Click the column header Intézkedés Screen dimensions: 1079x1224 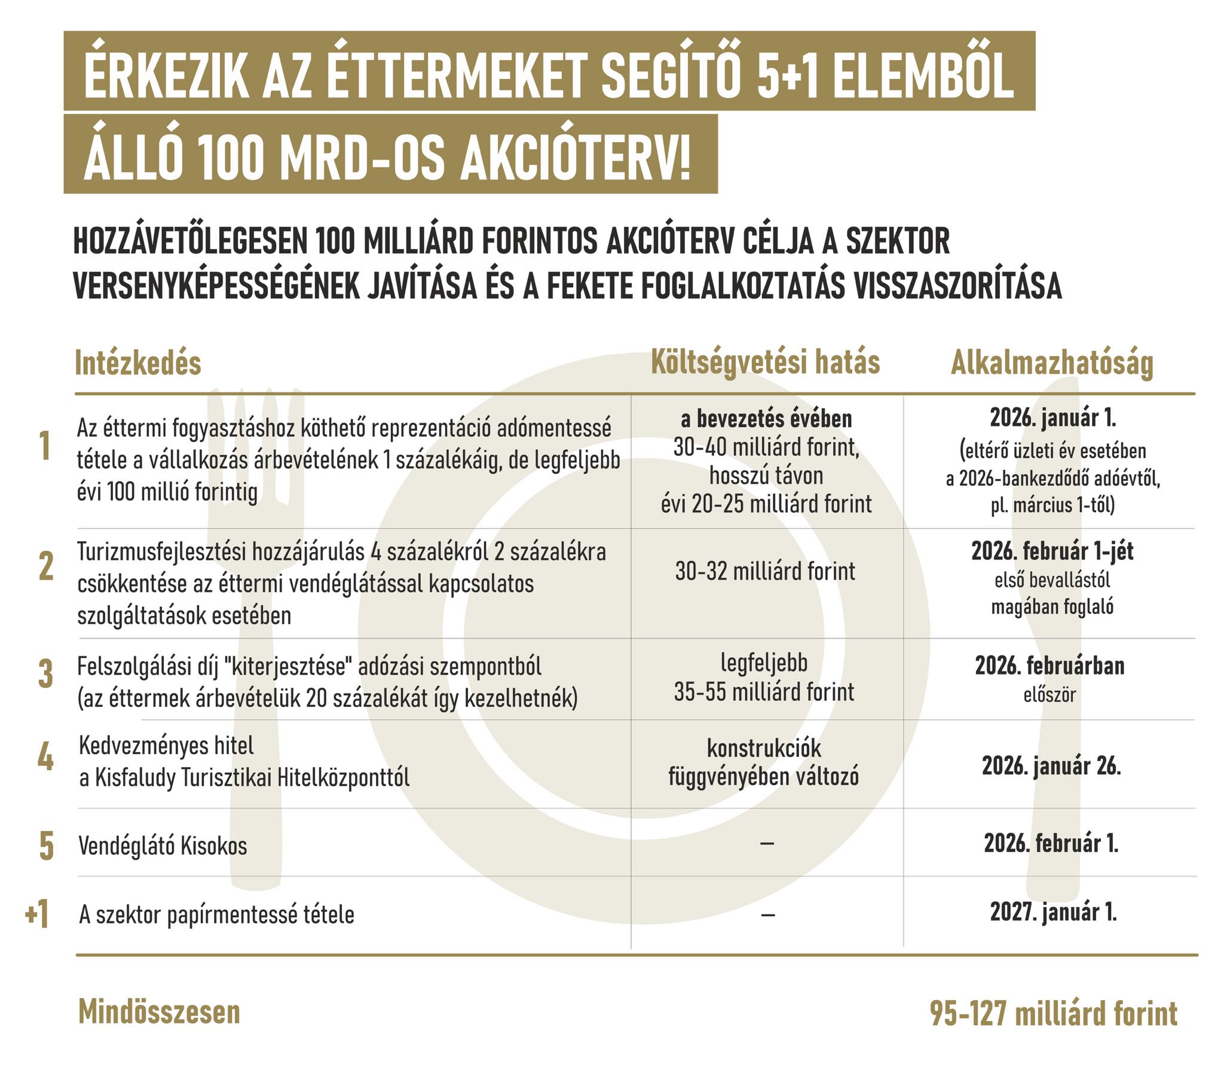click(137, 363)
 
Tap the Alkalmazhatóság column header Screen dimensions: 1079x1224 click(1051, 363)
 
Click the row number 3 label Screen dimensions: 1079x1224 click(45, 675)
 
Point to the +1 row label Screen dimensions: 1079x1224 click(37, 915)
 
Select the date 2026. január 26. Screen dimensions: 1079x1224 click(1051, 766)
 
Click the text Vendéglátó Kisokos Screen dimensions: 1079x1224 click(163, 846)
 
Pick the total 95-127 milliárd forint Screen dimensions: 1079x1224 click(1053, 1014)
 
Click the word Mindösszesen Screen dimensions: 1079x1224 click(159, 1013)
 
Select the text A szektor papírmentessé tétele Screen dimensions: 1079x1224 click(217, 915)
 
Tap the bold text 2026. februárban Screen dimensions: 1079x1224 click(1049, 666)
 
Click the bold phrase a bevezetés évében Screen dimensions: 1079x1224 click(766, 419)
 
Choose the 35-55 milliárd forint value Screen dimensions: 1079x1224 click(764, 692)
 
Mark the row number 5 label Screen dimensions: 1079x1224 click(46, 847)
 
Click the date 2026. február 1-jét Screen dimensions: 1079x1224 click(1052, 551)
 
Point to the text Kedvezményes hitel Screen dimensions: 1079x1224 click(167, 746)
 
